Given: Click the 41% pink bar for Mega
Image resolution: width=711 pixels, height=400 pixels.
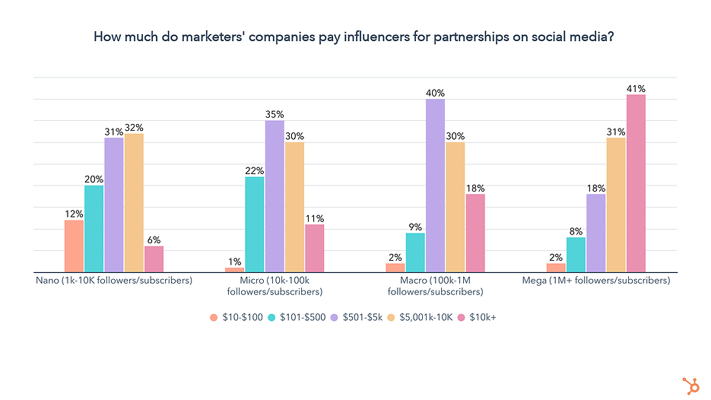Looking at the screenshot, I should [636, 183].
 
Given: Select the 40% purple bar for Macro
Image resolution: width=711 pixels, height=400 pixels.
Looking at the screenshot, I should [435, 186].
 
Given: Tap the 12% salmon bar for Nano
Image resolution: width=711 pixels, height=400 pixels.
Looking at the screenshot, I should [74, 246].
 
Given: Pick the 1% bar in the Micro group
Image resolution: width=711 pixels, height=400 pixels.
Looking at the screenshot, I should [235, 269].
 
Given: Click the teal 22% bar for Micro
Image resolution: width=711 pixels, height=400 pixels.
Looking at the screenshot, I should [255, 224].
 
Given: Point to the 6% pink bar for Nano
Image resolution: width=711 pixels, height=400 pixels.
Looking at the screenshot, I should [154, 259].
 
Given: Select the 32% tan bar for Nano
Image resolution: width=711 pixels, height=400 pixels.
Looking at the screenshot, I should [134, 203].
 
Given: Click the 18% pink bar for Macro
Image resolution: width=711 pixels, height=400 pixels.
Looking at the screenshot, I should [475, 233].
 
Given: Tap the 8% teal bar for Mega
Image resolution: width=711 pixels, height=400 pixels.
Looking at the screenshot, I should [576, 255].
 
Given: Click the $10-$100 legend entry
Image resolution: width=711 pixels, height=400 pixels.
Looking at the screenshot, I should [237, 317].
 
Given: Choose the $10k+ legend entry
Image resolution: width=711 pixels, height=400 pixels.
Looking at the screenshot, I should [479, 317].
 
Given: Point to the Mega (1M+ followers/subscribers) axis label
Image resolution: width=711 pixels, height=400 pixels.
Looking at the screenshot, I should [596, 281].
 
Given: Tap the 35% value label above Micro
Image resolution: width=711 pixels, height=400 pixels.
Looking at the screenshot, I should [275, 114].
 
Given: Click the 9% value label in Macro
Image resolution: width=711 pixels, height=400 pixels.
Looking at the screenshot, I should [414, 227].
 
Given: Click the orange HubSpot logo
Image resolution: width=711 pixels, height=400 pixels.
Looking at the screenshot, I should [691, 385].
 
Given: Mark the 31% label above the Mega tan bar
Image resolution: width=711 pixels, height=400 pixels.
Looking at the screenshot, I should [616, 132].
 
